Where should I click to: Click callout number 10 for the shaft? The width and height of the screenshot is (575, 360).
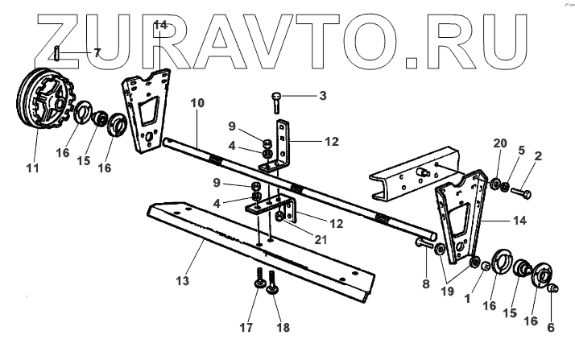click(x=198, y=103)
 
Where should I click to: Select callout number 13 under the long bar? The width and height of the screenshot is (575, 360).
click(x=183, y=280)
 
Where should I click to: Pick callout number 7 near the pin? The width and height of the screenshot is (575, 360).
click(x=97, y=52)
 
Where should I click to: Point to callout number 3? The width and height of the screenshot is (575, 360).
click(x=322, y=97)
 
